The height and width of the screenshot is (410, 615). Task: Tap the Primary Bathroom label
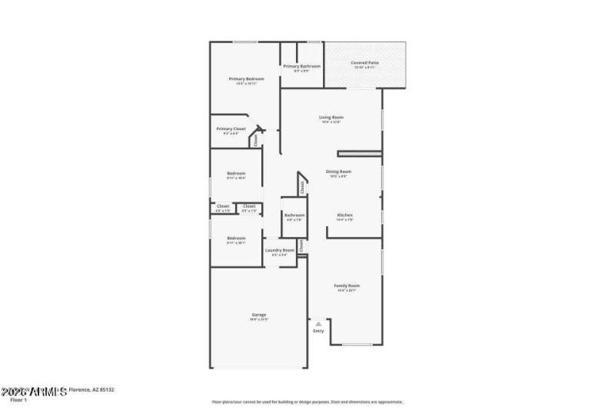click(x=301, y=67)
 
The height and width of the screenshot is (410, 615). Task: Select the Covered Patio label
click(x=364, y=62)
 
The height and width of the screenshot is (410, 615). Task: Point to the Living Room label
click(x=331, y=118)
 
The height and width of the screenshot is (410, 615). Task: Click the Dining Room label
click(x=338, y=172)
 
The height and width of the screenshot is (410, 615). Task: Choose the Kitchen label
click(x=344, y=215)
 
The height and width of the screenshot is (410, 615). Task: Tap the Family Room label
click(x=347, y=285)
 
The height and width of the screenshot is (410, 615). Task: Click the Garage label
click(x=259, y=315)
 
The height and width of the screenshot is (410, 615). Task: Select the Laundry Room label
click(x=280, y=250)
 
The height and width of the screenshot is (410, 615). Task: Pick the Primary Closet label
click(x=231, y=128)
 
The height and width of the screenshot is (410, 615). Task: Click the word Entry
click(x=318, y=331)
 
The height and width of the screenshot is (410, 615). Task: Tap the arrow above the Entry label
click(x=318, y=324)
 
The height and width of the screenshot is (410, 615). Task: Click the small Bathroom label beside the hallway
click(x=294, y=215)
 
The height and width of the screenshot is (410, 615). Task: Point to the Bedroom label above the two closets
click(x=236, y=173)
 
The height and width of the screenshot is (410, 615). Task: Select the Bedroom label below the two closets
click(x=236, y=238)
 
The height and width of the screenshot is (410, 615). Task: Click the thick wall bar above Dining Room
click(x=359, y=154)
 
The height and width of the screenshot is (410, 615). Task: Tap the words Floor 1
click(x=18, y=400)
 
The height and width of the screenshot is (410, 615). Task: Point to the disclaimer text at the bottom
click(x=307, y=402)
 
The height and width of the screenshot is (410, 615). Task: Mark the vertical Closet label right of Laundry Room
click(x=302, y=247)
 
